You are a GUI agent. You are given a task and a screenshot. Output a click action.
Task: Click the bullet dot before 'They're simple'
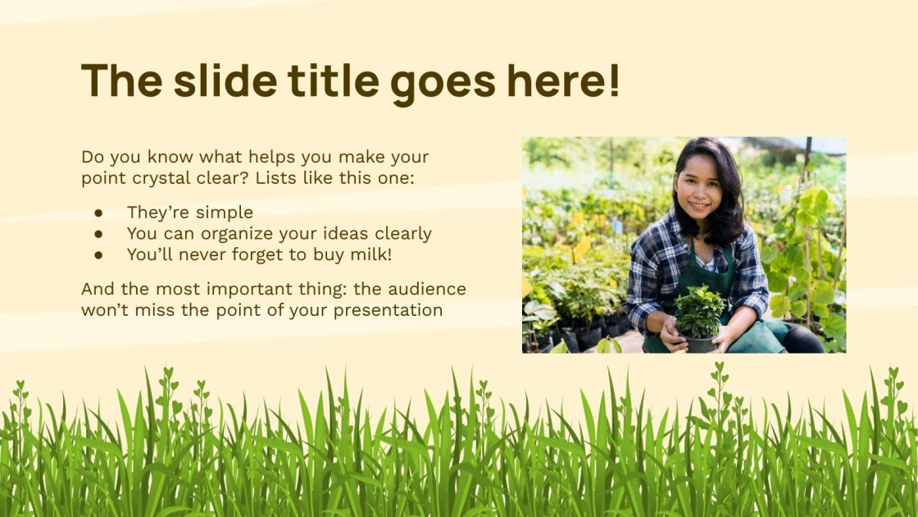tap(99, 213)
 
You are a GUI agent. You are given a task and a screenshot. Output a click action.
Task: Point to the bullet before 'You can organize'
tap(99, 234)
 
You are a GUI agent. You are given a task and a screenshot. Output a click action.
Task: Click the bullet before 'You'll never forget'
tap(99, 254)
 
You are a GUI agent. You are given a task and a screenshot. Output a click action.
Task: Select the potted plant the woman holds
tap(698, 316)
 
